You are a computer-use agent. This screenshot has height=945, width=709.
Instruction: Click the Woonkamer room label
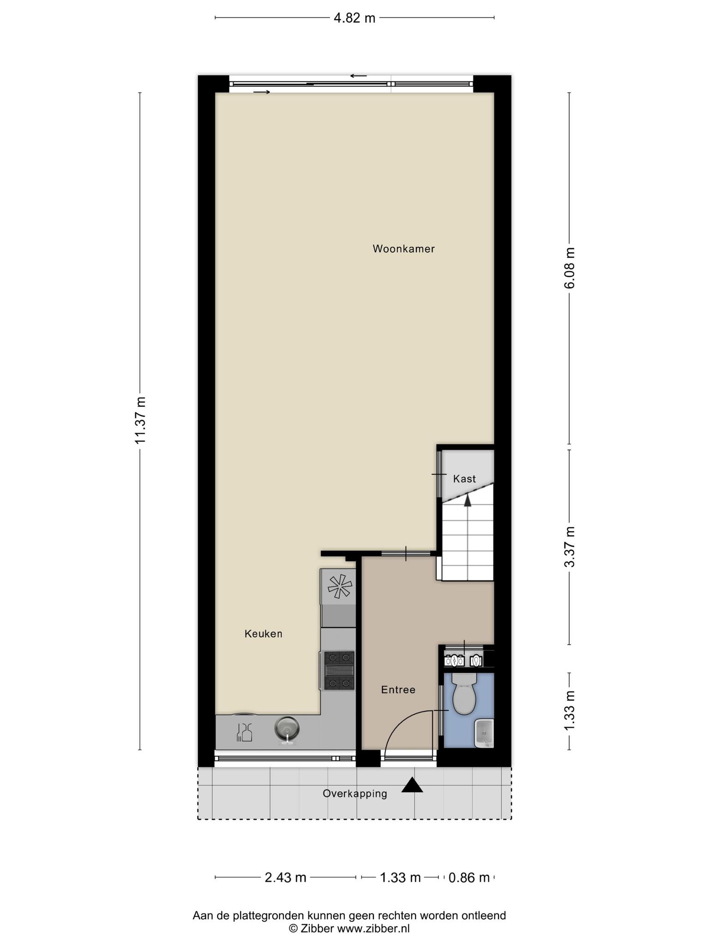[x=403, y=249]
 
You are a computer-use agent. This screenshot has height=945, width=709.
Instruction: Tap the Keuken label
[x=263, y=634]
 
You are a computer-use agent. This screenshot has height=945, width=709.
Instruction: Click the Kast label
[x=464, y=478]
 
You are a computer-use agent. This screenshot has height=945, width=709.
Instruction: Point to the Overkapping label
[x=354, y=794]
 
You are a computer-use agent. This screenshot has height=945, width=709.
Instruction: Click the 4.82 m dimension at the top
[x=354, y=18]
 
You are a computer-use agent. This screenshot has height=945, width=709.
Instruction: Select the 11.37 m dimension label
[x=140, y=420]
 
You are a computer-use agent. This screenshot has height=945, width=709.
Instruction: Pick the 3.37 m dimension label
[x=570, y=547]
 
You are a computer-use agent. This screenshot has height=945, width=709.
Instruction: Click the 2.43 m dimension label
[x=285, y=877]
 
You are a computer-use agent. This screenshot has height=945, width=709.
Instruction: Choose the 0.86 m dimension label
[x=469, y=877]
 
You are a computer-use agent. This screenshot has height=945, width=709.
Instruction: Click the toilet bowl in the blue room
[x=464, y=694]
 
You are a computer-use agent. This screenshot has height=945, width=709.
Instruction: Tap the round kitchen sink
[x=287, y=729]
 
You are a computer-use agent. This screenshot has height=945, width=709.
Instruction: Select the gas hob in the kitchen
[x=339, y=670]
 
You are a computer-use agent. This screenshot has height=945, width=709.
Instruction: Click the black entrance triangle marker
[x=412, y=785]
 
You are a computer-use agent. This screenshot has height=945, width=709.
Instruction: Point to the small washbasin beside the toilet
[x=484, y=733]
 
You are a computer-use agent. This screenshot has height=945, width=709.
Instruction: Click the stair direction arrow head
[x=468, y=500]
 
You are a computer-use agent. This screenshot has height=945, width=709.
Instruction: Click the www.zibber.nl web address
[x=373, y=928]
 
